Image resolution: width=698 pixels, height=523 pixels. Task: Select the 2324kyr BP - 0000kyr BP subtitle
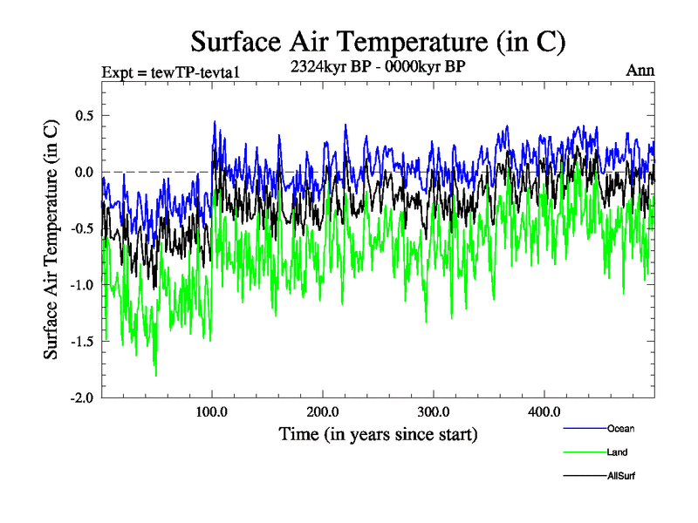(x=378, y=65)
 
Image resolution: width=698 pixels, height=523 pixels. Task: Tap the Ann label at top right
(x=640, y=71)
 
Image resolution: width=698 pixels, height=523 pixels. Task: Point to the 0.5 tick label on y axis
(x=84, y=115)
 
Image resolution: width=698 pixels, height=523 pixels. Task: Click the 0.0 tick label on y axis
(x=84, y=172)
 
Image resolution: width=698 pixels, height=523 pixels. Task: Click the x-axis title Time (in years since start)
(x=378, y=433)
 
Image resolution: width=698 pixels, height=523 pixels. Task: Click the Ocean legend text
(x=620, y=428)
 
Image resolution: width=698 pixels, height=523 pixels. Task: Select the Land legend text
(x=617, y=452)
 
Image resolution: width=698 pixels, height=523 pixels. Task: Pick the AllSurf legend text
(x=620, y=476)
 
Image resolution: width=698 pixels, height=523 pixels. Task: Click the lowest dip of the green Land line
(x=155, y=375)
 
